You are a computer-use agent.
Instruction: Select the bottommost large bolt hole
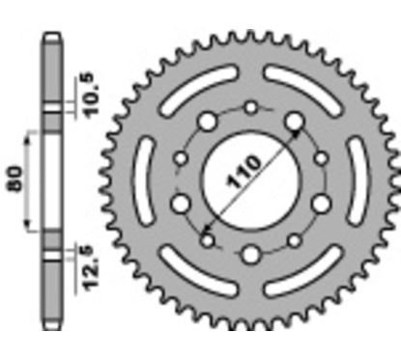(251, 255)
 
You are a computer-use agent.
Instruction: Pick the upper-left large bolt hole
(207, 125)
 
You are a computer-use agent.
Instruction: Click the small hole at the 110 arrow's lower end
(207, 236)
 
